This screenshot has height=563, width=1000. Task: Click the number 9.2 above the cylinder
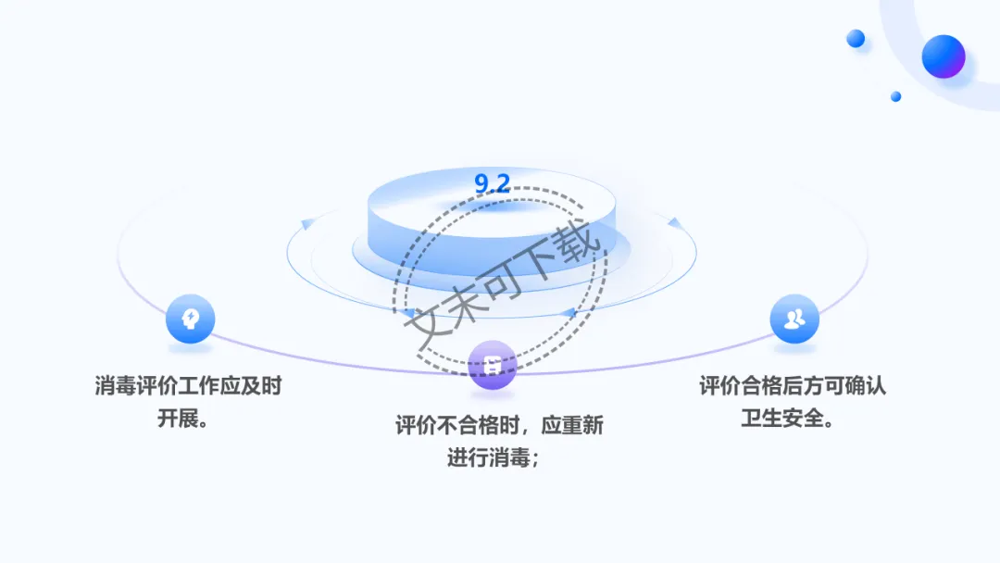click(492, 183)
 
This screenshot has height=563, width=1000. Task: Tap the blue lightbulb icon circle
click(190, 319)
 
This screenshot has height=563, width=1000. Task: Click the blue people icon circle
click(794, 319)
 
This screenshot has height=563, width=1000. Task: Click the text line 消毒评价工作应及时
click(188, 386)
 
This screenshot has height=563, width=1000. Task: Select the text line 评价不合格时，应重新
click(500, 426)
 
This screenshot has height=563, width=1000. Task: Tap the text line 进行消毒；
click(494, 457)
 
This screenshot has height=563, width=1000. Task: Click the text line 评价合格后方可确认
click(793, 385)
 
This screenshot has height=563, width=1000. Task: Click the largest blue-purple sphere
click(944, 56)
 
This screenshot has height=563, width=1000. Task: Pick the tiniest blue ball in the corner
click(896, 96)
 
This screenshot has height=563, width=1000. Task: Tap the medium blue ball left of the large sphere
click(856, 39)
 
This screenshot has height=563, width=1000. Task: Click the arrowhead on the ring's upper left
click(306, 223)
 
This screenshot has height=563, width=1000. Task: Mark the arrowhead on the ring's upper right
click(674, 222)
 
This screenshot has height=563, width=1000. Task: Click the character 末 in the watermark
click(467, 305)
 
